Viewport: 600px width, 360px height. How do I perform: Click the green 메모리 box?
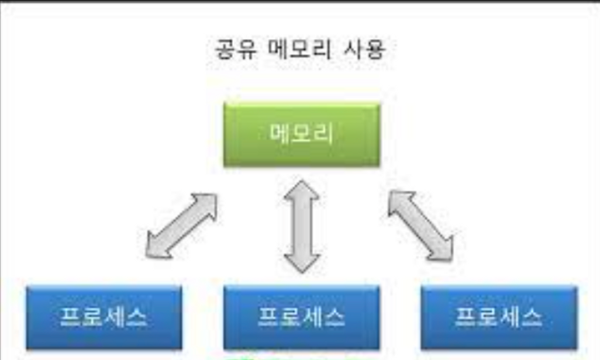[x=302, y=134]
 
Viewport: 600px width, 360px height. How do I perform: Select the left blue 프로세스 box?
[x=104, y=317]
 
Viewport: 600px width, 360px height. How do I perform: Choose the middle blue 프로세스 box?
[x=302, y=317]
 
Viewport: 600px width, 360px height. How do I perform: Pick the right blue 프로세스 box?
[x=499, y=317]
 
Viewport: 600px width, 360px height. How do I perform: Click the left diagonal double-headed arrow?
[x=181, y=226]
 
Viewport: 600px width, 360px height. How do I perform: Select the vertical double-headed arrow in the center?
[x=302, y=226]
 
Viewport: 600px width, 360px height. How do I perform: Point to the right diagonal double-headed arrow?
[x=420, y=226]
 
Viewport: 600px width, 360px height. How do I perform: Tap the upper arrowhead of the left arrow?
[x=205, y=203]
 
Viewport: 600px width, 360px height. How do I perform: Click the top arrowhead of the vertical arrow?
[x=302, y=192]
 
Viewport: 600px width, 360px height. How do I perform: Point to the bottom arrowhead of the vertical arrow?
[x=302, y=261]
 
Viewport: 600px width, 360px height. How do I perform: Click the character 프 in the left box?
[x=71, y=317]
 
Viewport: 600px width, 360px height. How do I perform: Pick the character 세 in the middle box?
[x=313, y=317]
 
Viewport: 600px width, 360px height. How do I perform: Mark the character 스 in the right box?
[x=532, y=317]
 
